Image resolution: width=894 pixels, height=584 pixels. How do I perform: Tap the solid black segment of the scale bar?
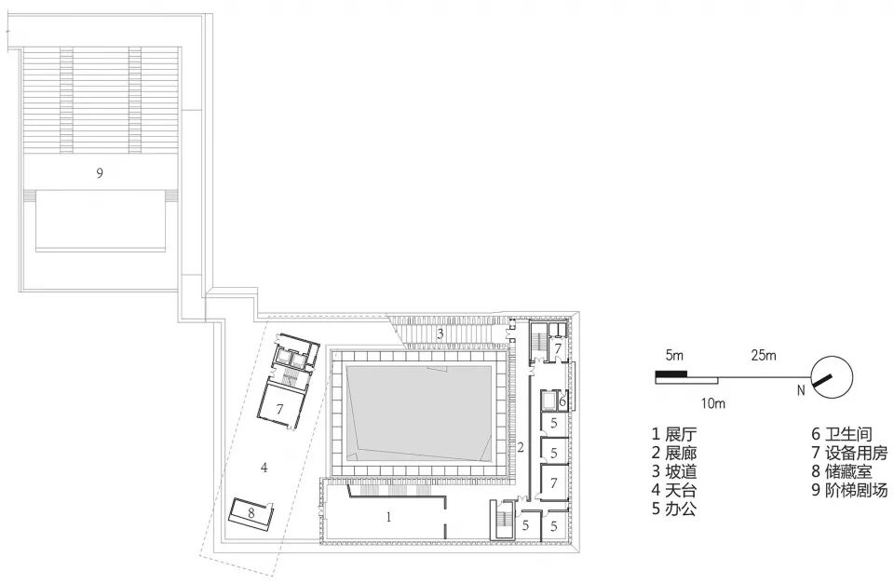click(670, 373)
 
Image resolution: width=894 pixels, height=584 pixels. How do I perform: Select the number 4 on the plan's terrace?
click(264, 468)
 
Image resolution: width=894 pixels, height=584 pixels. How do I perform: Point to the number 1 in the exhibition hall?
click(389, 514)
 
